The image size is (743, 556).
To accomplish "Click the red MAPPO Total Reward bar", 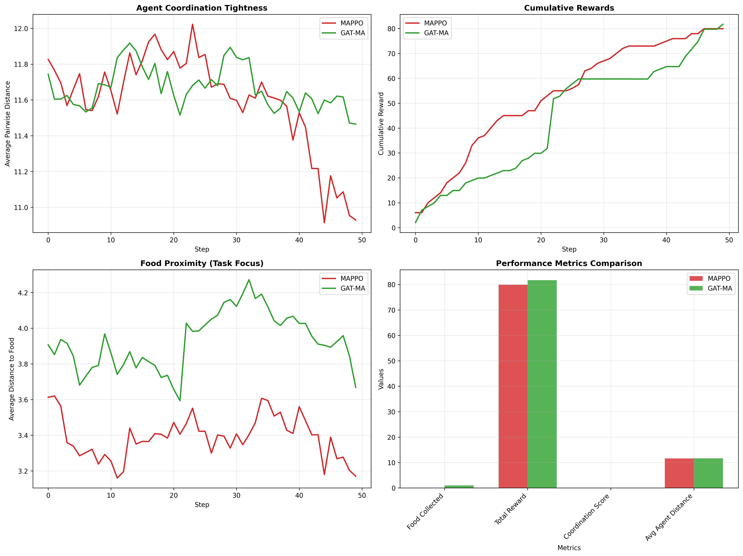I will (x=513, y=386).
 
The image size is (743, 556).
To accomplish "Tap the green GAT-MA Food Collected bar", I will (x=459, y=486).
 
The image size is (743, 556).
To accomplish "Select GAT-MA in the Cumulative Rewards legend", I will (x=436, y=33).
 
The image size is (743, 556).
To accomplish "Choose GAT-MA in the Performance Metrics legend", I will (x=719, y=288).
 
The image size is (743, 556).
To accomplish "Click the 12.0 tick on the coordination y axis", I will (x=21, y=29).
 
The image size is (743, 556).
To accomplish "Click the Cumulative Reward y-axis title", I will (x=381, y=124).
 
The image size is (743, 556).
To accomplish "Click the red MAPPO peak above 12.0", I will (x=193, y=24).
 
